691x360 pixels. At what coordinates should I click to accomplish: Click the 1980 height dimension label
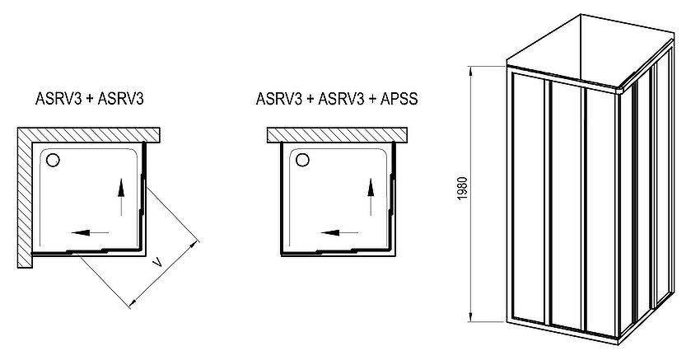[462, 189]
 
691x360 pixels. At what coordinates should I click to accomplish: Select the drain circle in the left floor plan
[53, 160]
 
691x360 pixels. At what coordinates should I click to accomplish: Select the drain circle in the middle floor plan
[303, 159]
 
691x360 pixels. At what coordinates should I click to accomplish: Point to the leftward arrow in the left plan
[90, 232]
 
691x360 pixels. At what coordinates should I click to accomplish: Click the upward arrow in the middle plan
[371, 197]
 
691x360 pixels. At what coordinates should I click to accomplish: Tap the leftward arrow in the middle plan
[339, 232]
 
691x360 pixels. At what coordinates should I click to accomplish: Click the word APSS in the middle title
[399, 98]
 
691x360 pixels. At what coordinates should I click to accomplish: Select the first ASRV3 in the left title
[58, 98]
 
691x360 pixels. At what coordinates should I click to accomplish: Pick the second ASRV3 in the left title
[121, 98]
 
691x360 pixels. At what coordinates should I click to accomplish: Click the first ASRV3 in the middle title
[279, 98]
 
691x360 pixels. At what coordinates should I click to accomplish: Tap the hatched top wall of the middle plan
[337, 135]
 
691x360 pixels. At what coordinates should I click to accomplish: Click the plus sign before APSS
[372, 99]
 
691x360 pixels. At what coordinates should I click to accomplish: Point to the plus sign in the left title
[90, 99]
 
